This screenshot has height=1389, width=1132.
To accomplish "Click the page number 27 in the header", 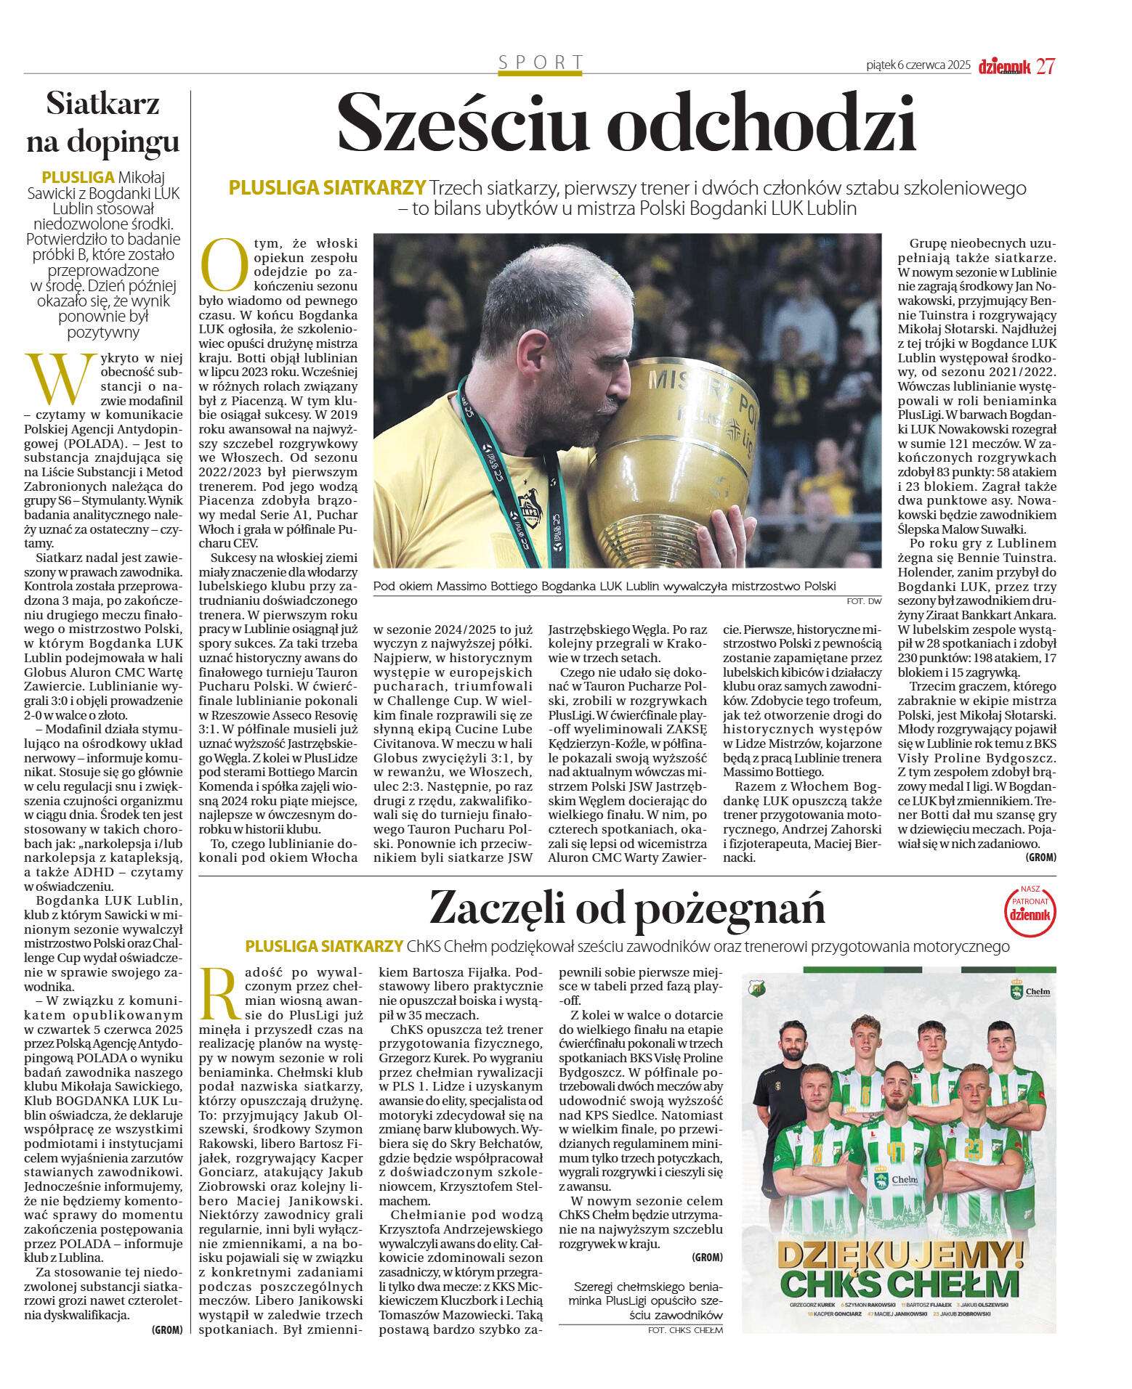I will pyautogui.click(x=1046, y=66).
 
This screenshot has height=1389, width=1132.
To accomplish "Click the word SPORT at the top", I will pyautogui.click(x=541, y=62).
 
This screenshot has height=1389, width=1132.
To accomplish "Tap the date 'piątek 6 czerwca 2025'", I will pyautogui.click(x=918, y=65).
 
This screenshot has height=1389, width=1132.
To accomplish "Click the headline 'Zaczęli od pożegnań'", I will pyautogui.click(x=627, y=908).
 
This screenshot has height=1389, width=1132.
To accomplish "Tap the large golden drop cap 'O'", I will pyautogui.click(x=224, y=264).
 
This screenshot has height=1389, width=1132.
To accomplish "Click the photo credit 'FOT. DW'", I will pyautogui.click(x=864, y=601).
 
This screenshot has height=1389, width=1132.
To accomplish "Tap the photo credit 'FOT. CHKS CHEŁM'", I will pyautogui.click(x=685, y=1329).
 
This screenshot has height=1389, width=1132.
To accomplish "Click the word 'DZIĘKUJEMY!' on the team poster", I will pyautogui.click(x=899, y=1254).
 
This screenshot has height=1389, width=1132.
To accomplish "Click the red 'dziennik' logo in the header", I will pyautogui.click(x=1004, y=67).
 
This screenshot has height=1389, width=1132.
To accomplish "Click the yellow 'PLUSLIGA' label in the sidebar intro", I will pyautogui.click(x=78, y=177).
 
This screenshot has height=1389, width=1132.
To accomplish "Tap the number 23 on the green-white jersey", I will pyautogui.click(x=973, y=1148).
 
